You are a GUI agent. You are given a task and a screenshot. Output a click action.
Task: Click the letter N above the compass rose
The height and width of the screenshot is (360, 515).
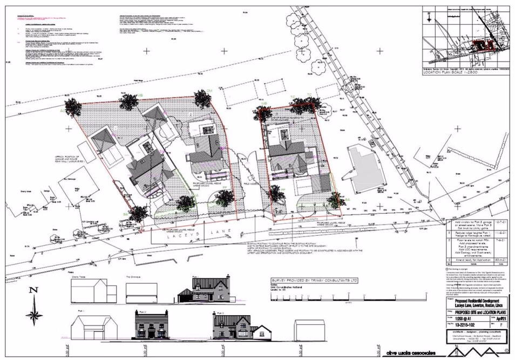[x=33, y=290]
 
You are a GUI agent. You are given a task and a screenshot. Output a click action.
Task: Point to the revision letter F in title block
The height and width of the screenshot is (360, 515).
[x=506, y=325]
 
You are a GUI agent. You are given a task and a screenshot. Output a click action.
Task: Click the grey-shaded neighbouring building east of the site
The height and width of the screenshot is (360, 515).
[x=367, y=168]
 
